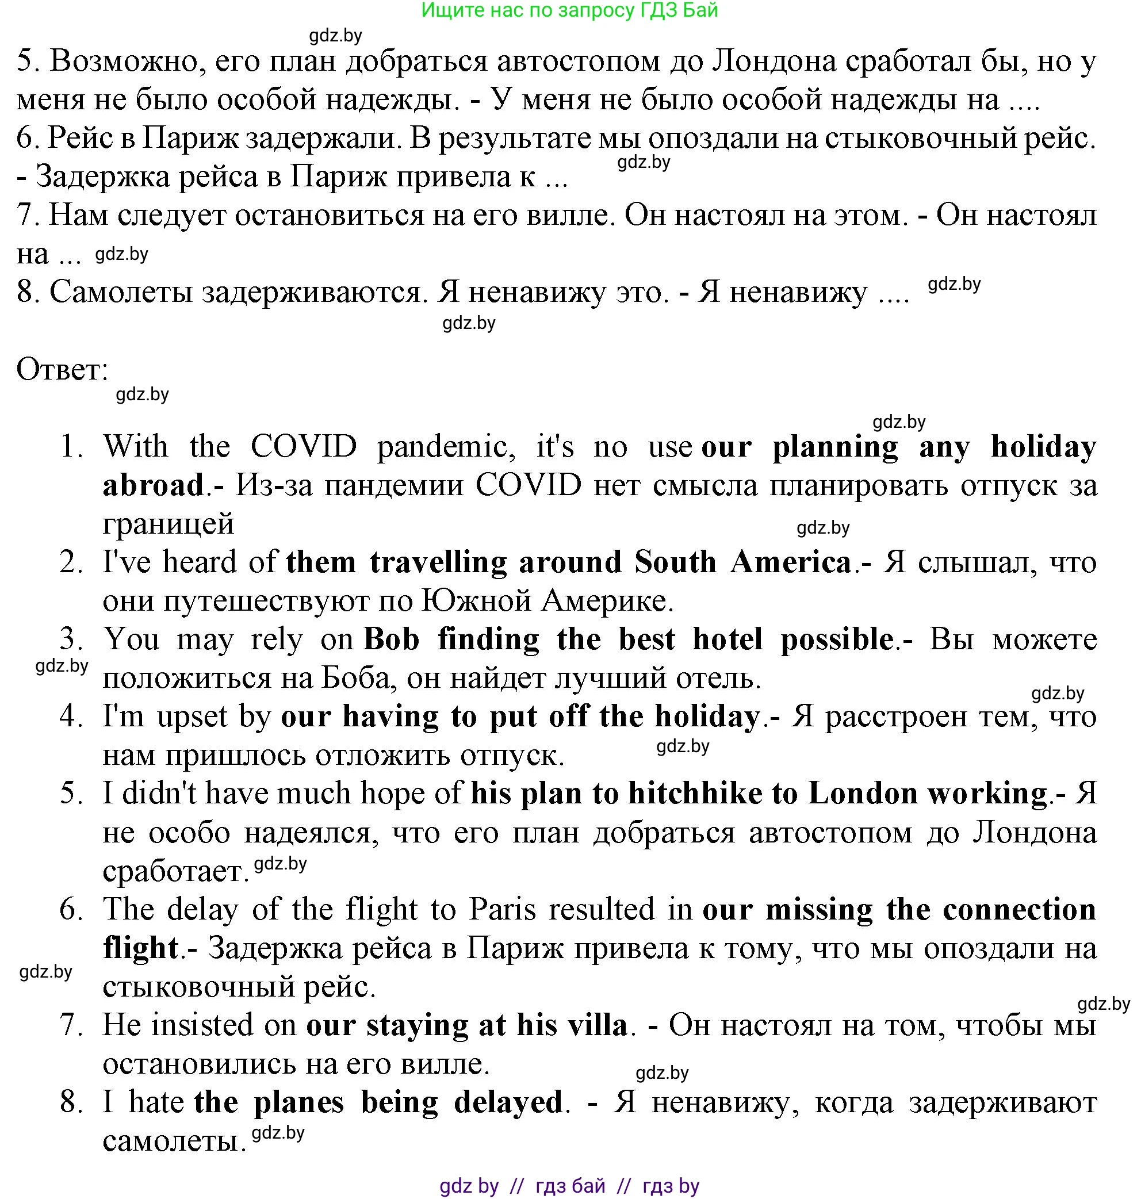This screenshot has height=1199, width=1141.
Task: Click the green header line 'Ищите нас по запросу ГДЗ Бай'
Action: click(x=569, y=10)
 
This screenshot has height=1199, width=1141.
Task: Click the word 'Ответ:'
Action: click(x=62, y=369)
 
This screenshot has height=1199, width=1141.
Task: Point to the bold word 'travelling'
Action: click(x=438, y=562)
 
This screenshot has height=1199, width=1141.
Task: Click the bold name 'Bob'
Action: click(x=392, y=639)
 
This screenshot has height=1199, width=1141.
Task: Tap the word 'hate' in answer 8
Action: click(x=156, y=1102)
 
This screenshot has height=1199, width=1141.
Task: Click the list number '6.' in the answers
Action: click(x=72, y=910)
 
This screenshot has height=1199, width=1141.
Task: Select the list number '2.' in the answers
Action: click(x=72, y=562)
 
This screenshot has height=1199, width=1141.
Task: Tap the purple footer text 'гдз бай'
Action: click(x=570, y=1185)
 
